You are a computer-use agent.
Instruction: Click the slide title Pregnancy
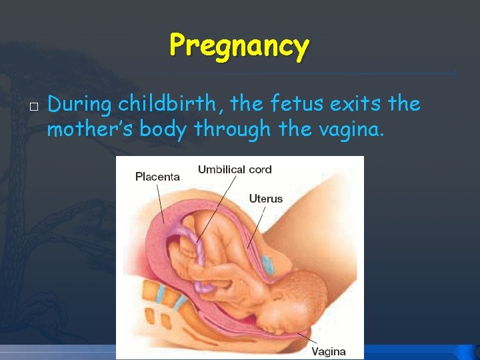pos(239,46)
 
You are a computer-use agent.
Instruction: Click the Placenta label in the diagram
pos(157,177)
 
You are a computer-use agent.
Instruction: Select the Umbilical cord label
pos(235,169)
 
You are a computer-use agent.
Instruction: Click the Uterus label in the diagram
pos(266,198)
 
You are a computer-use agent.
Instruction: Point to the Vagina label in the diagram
pos(329,351)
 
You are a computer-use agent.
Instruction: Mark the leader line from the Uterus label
pos(257,227)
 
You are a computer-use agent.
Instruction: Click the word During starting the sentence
pos(80,105)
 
